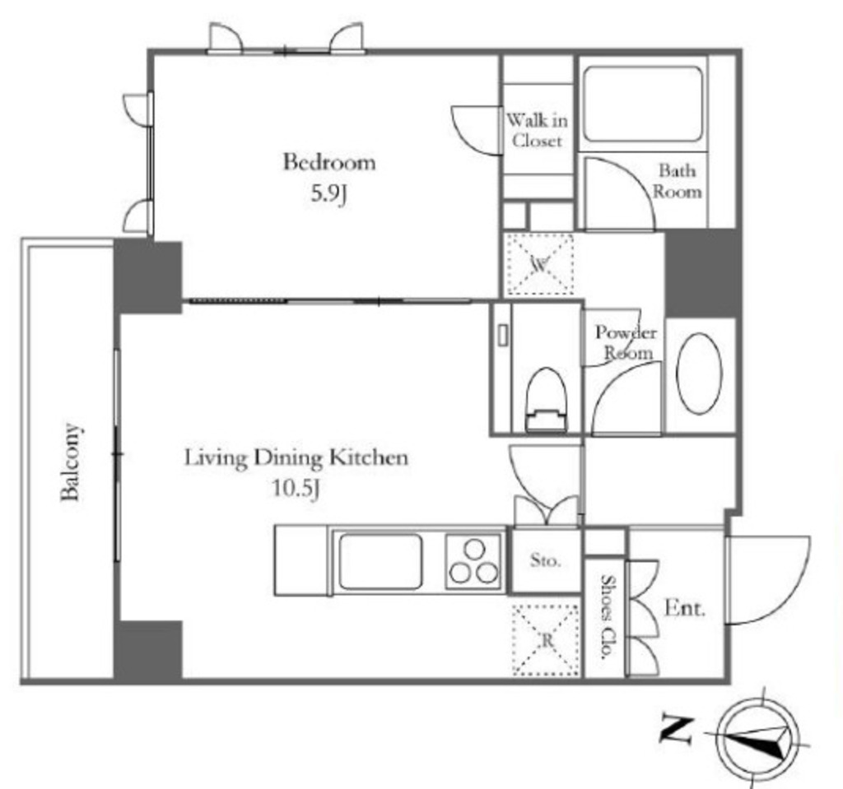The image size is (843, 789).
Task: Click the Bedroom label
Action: tap(328, 161)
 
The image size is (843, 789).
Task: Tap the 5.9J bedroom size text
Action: tap(328, 196)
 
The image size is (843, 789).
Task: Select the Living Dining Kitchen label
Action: tap(296, 457)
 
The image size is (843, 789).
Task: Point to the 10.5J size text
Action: tap(296, 490)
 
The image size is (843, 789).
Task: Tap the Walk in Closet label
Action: tap(537, 130)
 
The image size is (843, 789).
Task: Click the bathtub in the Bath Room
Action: tap(642, 104)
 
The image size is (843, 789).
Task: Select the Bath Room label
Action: tap(678, 181)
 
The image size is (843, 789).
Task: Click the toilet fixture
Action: tap(546, 399)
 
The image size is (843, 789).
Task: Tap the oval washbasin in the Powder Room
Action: tap(699, 373)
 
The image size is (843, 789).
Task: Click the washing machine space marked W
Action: tap(539, 264)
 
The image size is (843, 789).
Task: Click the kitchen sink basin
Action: tap(380, 561)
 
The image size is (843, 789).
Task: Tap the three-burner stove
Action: tap(475, 561)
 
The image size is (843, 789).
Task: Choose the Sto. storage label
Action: tap(545, 561)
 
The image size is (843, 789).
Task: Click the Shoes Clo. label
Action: tap(607, 618)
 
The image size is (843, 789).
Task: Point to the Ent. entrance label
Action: tap(684, 610)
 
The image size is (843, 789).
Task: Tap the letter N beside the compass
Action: tap(677, 728)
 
